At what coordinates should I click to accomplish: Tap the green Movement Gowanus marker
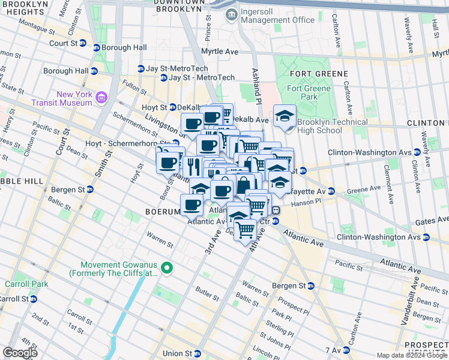(x=168, y=268)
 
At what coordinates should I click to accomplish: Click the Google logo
(x=20, y=353)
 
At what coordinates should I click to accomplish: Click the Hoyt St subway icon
(x=172, y=107)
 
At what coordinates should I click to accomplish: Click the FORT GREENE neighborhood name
(x=318, y=74)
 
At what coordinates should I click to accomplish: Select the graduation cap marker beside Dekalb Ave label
(x=285, y=115)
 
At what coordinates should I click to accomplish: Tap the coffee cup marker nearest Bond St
(x=167, y=163)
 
